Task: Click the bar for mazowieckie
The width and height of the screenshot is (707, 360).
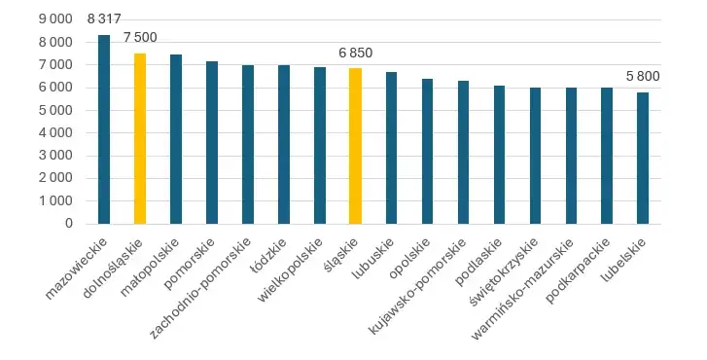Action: [x=104, y=129]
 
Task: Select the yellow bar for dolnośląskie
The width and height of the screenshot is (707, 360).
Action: [x=140, y=138]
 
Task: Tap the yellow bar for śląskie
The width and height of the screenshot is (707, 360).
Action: [x=355, y=146]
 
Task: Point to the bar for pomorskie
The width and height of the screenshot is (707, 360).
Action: [x=212, y=142]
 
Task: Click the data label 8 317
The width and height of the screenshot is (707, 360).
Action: [x=104, y=19]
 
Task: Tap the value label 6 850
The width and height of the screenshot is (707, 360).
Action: [x=355, y=53]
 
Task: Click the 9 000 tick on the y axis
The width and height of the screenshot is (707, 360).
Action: [x=54, y=19]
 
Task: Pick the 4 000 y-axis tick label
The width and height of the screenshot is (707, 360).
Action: [x=54, y=132]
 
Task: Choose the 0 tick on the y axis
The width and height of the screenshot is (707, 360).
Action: [x=69, y=223]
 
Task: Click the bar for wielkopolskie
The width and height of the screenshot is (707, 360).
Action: [x=320, y=145]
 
